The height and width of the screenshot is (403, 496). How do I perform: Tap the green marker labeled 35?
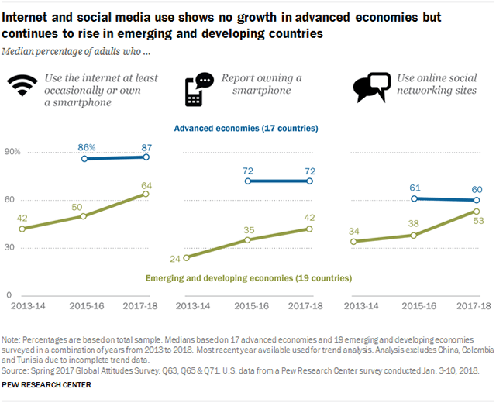(x=247, y=240)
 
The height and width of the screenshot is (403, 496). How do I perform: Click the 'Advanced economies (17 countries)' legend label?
(x=246, y=128)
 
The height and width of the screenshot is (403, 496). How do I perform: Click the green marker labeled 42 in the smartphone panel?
(x=310, y=229)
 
